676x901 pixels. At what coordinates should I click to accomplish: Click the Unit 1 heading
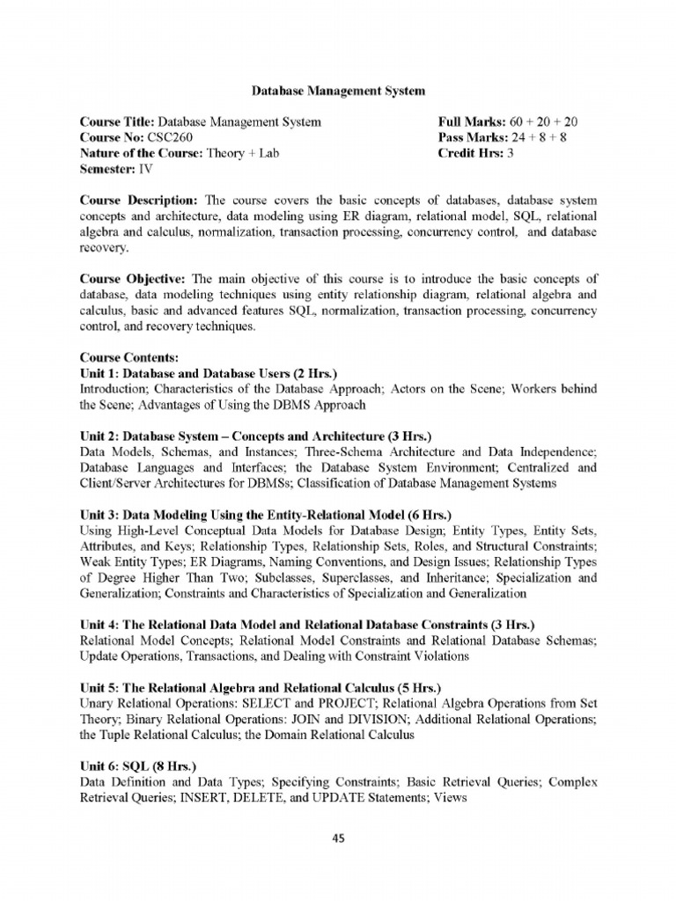point(209,373)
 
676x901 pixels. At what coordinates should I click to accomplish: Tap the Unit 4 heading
point(312,624)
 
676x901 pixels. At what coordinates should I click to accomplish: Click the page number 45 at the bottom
point(337,839)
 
